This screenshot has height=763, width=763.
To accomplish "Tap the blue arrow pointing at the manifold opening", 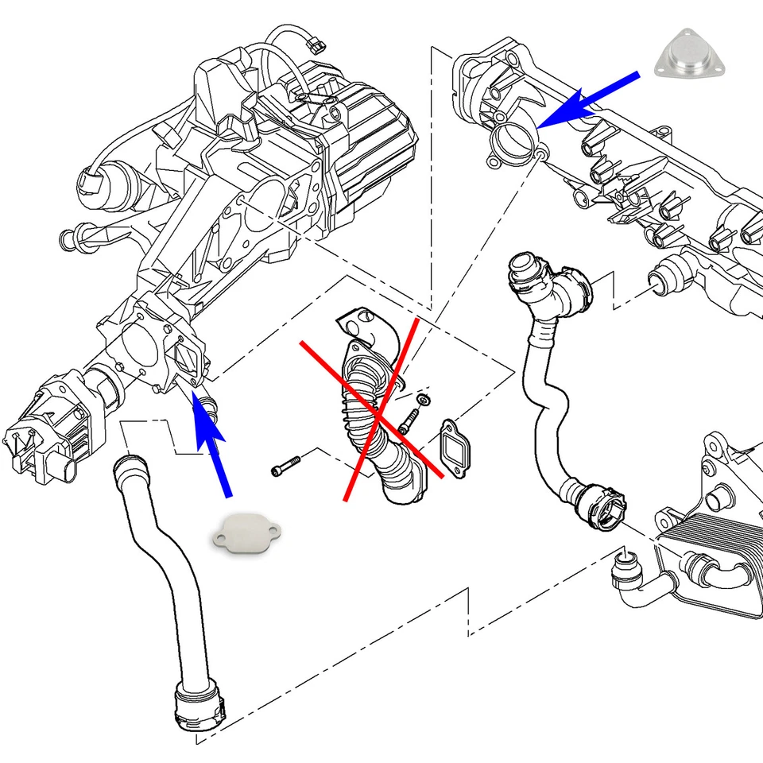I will (588, 99).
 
